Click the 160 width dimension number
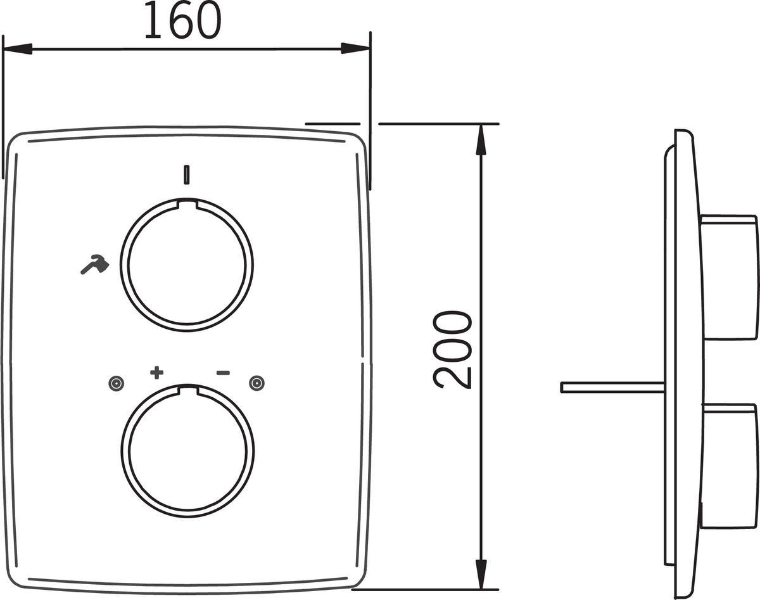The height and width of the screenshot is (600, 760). tap(183, 20)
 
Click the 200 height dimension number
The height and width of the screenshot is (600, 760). tap(452, 350)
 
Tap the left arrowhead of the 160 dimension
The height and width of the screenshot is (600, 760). tap(18, 49)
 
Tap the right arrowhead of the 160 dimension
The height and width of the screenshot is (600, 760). tap(355, 49)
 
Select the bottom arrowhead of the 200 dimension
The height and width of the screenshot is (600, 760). tap(481, 574)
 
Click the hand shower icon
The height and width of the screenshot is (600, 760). tap(94, 264)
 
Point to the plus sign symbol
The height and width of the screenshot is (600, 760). tap(157, 373)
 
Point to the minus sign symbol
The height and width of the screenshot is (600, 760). tap(223, 373)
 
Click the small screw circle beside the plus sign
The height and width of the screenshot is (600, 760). tap(116, 383)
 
